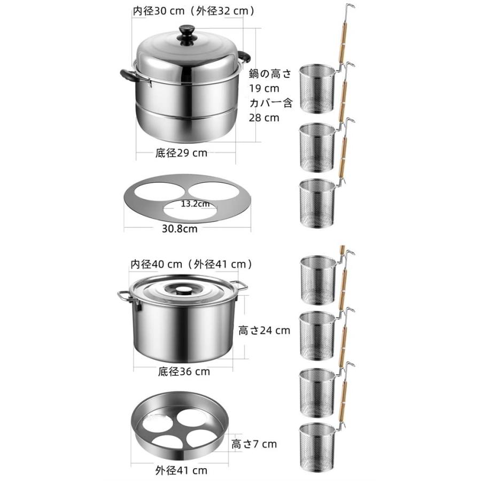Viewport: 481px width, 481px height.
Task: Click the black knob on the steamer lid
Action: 187,34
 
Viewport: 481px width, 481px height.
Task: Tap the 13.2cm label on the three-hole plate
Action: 195,204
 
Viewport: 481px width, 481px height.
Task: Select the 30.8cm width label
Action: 180,229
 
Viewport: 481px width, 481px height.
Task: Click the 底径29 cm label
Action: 181,153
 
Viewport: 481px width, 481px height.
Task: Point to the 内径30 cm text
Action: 159,11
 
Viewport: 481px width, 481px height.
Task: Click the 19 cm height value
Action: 264,88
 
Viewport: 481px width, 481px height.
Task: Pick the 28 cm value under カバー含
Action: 264,118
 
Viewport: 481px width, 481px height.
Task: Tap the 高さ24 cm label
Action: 265,330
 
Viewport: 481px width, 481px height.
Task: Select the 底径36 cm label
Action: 184,372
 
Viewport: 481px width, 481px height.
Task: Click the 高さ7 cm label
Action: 254,444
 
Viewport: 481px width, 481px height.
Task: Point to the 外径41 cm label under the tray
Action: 181,470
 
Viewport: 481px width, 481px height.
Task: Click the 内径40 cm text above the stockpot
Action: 157,264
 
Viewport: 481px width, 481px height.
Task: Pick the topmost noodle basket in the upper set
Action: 317,88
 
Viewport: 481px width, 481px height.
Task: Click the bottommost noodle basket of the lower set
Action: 317,447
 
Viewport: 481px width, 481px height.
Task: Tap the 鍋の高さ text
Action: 270,74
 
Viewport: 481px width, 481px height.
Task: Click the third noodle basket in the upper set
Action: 317,203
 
